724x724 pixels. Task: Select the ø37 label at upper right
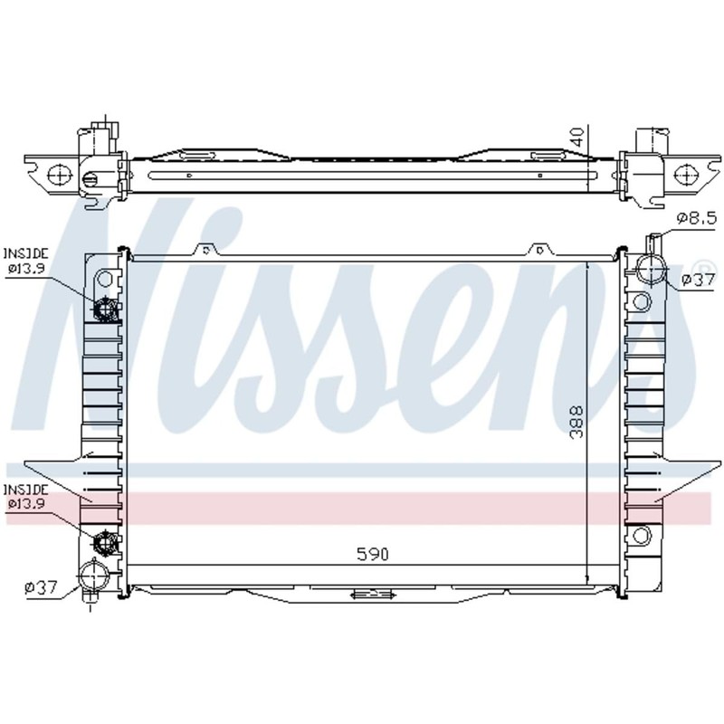pyautogui.click(x=698, y=281)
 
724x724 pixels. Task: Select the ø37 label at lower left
pyautogui.click(x=42, y=588)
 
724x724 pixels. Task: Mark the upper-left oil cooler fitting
pyautogui.click(x=107, y=310)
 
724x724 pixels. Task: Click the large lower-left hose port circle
pyautogui.click(x=91, y=575)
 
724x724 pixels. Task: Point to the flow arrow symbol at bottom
pyautogui.click(x=371, y=595)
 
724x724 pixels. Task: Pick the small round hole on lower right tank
pyautogui.click(x=642, y=535)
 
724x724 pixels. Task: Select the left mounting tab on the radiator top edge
pyautogui.click(x=206, y=249)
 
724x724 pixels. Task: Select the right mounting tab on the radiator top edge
pyautogui.click(x=540, y=249)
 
